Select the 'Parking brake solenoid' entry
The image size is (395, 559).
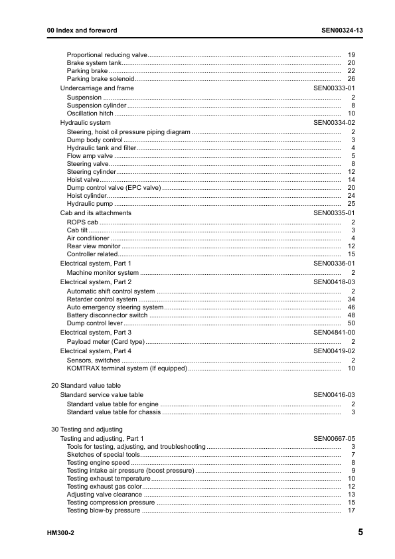[x=100, y=79]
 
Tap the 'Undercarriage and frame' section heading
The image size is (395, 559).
[x=97, y=88]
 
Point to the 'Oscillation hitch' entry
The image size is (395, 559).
[x=90, y=114]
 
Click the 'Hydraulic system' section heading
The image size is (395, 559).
[x=86, y=123]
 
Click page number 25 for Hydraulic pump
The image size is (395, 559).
[x=351, y=204]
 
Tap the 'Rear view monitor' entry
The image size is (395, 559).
[x=94, y=246]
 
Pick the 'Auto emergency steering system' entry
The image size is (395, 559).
[x=115, y=307]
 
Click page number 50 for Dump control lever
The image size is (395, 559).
[x=351, y=323]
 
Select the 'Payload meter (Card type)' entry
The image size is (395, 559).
[x=106, y=342]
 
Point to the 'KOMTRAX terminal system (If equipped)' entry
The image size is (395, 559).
[x=127, y=368]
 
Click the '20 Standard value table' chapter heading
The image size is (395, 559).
[x=86, y=386]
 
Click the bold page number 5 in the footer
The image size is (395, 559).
[x=360, y=532]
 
